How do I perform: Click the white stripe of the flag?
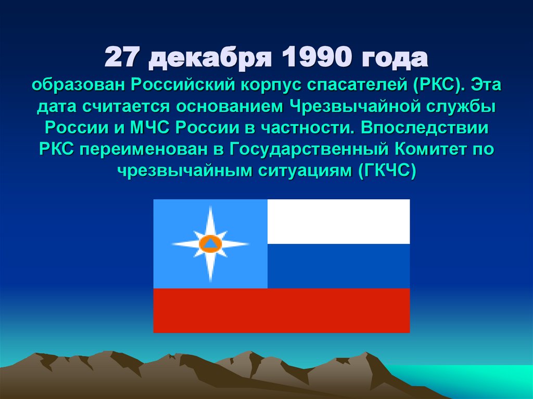tap(338, 221)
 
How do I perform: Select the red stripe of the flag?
tap(281, 311)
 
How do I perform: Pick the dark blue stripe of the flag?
tap(338, 266)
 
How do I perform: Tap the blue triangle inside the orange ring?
tap(210, 243)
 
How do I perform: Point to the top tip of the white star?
tap(210, 207)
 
